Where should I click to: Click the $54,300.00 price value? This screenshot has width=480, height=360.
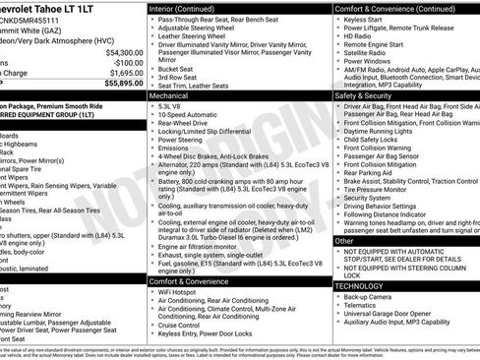click(x=122, y=51)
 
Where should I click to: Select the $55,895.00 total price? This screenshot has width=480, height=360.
click(x=120, y=84)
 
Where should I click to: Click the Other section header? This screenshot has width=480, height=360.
click(x=344, y=240)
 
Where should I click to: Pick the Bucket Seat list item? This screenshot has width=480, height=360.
click(x=177, y=69)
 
